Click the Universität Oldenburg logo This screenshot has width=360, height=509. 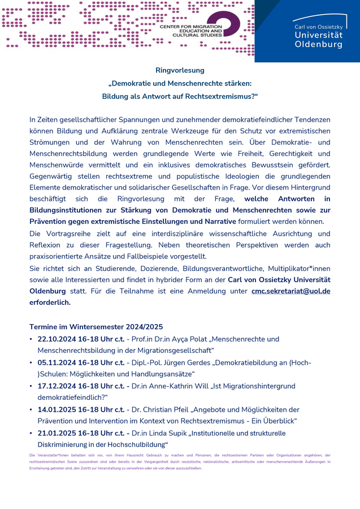pyautogui.click(x=318, y=32)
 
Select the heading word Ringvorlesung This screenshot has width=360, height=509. pyautogui.click(x=180, y=70)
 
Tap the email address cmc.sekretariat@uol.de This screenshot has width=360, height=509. pyautogui.click(x=290, y=291)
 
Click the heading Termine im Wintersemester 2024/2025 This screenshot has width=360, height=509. pyautogui.click(x=96, y=326)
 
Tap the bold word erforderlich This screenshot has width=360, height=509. pyautogui.click(x=50, y=302)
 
